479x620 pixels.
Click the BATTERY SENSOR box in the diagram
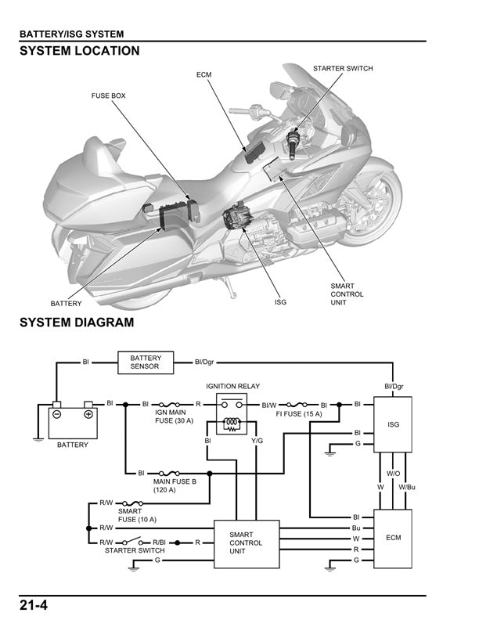146,362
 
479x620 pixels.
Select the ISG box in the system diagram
393,424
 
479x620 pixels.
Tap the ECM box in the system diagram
393,538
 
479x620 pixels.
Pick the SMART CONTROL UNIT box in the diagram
247,542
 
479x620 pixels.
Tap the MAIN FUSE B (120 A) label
175,486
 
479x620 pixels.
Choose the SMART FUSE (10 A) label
138,515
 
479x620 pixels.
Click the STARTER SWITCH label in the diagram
135,550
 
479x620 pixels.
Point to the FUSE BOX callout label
109,96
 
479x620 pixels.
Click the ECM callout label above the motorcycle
204,74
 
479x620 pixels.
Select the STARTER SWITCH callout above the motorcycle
343,69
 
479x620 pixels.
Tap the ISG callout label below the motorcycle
280,301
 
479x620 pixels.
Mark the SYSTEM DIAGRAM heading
77,322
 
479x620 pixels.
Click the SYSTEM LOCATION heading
79,51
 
